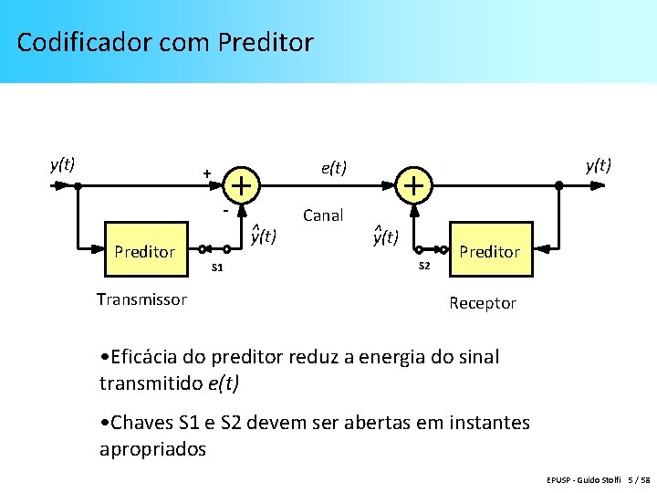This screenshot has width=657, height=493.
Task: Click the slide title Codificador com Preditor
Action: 165,42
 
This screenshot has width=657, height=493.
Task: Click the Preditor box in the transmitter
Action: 144,251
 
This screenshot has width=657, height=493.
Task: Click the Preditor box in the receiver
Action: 490,251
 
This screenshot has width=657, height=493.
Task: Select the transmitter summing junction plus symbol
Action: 241,185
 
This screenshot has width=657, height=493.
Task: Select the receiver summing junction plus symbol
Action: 413,185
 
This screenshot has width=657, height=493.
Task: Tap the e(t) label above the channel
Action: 333,167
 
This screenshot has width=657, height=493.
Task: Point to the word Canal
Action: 323,215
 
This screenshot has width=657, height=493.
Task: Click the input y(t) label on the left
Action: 62,164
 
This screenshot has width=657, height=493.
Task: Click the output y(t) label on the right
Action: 598,164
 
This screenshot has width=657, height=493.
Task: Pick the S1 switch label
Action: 217,267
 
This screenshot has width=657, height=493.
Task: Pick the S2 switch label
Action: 423,266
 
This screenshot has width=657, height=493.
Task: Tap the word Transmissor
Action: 141,299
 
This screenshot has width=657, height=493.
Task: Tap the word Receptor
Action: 483,303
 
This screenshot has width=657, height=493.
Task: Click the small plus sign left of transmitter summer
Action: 207,173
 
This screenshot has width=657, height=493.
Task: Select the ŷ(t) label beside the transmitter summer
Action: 263,236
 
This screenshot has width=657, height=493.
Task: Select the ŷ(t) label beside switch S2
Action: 385,236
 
